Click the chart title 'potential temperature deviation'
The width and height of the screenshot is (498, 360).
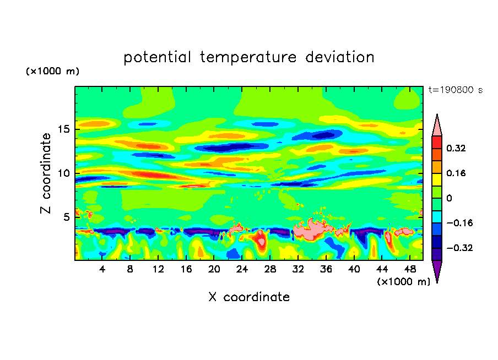pos(249,57)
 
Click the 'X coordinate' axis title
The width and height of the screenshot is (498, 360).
pos(249,297)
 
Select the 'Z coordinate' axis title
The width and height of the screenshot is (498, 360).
pos(46,173)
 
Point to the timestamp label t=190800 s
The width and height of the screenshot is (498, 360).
pos(456,90)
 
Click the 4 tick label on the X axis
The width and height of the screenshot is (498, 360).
pos(102,269)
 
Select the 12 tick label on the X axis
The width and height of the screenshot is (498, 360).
pos(158,269)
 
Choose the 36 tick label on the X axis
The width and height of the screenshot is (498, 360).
pos(326,269)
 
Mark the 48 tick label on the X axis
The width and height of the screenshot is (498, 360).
pos(409,269)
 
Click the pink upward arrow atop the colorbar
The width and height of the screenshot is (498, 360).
pos(437,125)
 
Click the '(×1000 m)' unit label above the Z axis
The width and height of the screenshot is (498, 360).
pos(52,72)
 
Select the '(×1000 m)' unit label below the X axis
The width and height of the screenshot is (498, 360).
pos(404,282)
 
